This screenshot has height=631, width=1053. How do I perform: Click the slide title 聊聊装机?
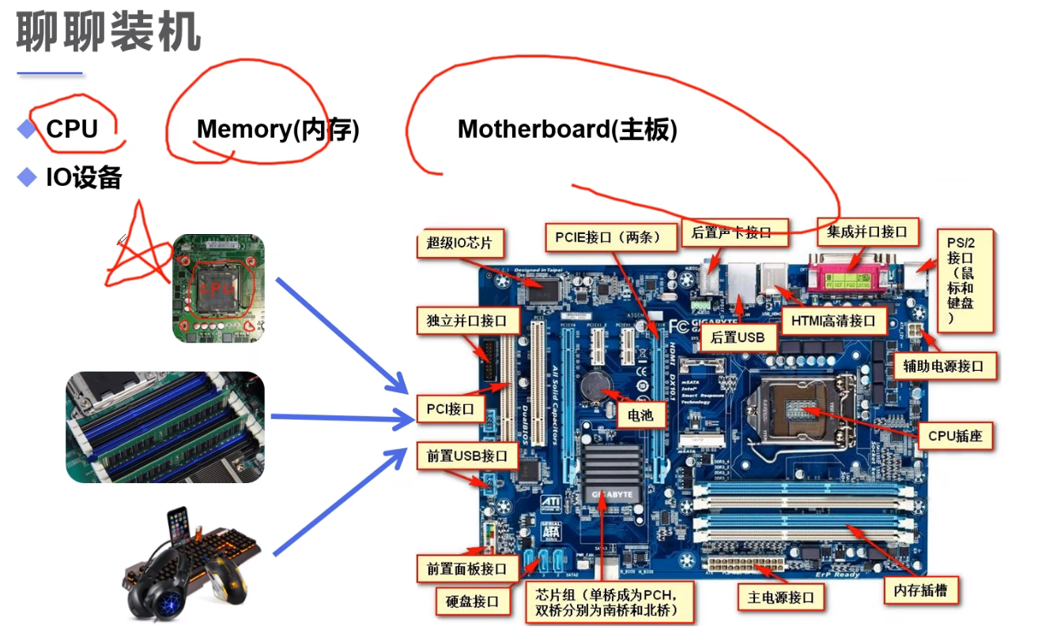[x=108, y=33]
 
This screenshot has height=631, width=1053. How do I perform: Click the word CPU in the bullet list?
[x=72, y=129]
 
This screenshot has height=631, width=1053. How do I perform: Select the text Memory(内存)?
[x=277, y=129]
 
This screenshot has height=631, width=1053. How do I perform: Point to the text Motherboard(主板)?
[x=567, y=129]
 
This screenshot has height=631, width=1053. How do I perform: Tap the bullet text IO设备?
[x=84, y=177]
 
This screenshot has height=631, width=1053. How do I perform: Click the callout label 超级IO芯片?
[x=459, y=243]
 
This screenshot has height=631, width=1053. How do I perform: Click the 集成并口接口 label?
[x=867, y=232]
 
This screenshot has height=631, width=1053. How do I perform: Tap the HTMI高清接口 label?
[x=832, y=320]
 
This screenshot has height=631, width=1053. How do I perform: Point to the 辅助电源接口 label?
[x=944, y=366]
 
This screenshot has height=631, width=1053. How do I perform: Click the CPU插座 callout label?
[x=954, y=435]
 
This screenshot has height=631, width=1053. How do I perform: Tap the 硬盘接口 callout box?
[x=473, y=601]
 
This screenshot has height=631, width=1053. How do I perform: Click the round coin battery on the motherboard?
[x=595, y=385]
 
